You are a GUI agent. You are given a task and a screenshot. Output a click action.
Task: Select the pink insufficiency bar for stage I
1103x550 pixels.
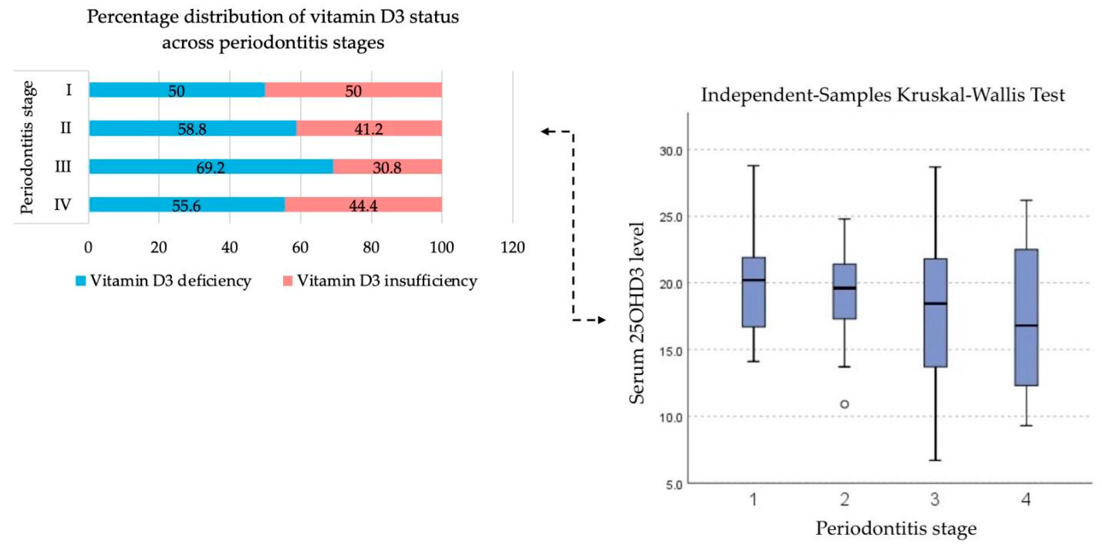(x=353, y=90)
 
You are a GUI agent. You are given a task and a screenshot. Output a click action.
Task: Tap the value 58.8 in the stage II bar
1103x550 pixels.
(x=192, y=129)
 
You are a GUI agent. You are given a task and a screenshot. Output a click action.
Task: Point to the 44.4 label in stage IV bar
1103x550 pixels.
(x=363, y=206)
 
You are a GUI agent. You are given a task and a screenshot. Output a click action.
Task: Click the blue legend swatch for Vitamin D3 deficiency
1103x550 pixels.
(x=80, y=280)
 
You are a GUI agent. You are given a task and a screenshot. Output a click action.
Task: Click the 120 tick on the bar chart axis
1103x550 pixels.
(x=513, y=247)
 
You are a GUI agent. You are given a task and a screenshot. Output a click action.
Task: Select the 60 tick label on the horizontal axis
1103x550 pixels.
(x=300, y=247)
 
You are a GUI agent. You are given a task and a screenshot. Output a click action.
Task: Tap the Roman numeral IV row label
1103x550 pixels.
(x=63, y=205)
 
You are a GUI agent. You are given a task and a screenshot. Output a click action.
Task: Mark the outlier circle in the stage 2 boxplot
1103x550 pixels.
(x=844, y=404)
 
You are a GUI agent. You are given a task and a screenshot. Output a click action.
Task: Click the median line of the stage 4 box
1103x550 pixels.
(x=1026, y=326)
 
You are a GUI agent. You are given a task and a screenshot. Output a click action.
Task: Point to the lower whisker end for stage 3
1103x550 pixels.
(x=935, y=460)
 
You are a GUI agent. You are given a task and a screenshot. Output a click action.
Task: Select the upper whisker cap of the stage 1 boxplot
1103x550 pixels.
(x=754, y=166)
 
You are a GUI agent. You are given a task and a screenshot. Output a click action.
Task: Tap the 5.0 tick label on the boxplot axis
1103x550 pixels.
(x=673, y=485)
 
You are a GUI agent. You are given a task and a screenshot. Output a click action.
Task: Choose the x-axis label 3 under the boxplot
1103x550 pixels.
(x=935, y=499)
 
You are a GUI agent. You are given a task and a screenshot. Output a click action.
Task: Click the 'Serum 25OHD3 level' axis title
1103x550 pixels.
(x=637, y=313)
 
